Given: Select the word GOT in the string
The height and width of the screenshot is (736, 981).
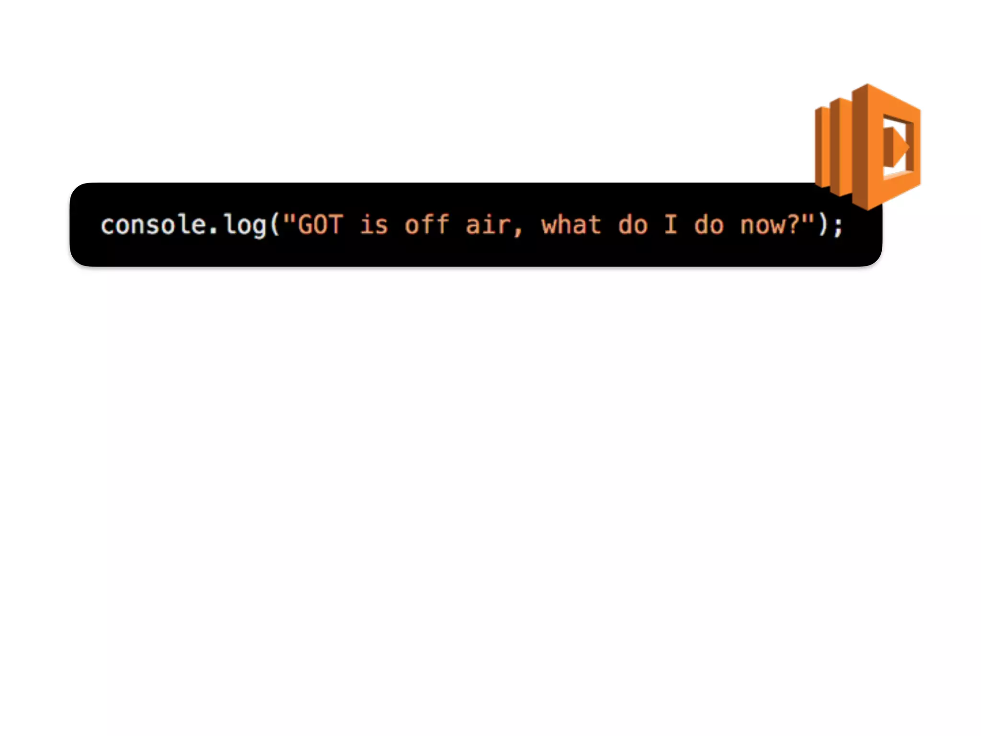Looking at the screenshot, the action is pyautogui.click(x=320, y=225).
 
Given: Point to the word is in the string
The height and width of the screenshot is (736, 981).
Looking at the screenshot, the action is pyautogui.click(x=374, y=225).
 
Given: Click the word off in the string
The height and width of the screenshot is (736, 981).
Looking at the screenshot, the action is pyautogui.click(x=427, y=225).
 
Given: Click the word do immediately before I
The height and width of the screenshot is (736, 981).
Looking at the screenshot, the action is pyautogui.click(x=632, y=225).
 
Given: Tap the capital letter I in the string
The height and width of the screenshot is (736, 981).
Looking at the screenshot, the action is pyautogui.click(x=671, y=225).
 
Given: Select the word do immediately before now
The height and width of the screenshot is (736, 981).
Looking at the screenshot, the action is pyautogui.click(x=708, y=225).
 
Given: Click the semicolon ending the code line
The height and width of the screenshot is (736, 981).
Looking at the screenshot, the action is pyautogui.click(x=838, y=226).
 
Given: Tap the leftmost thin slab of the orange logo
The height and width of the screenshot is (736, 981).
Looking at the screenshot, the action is pyautogui.click(x=821, y=147).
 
